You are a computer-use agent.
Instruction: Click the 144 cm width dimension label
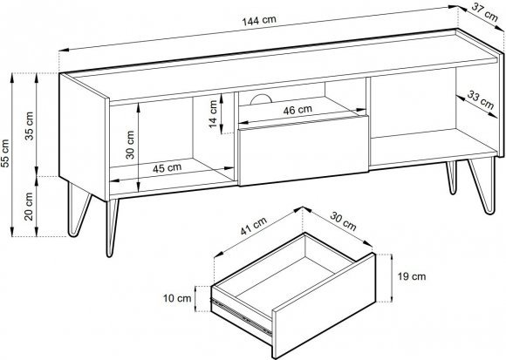[x=259, y=21]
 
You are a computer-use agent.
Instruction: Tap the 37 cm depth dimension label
[x=485, y=12]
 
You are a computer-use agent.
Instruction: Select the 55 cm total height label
[x=5, y=153]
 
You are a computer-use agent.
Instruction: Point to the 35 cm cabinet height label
[x=30, y=126]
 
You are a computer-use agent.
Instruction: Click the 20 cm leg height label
[x=29, y=207]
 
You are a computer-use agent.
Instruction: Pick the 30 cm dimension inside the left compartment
[x=130, y=145]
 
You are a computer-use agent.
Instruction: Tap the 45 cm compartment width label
[x=167, y=168]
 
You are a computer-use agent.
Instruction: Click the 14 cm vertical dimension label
[x=213, y=114]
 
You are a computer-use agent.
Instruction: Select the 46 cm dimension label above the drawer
[x=297, y=110]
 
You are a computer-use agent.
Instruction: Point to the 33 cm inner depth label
[x=481, y=100]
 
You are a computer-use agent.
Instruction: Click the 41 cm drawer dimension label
[x=254, y=226]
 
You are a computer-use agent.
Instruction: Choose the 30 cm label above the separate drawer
[x=343, y=221]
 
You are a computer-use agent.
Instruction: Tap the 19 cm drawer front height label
[x=412, y=276]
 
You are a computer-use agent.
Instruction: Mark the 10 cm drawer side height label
[x=177, y=298]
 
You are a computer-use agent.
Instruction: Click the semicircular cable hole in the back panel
[x=261, y=99]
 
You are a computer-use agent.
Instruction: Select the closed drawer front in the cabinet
[x=304, y=151]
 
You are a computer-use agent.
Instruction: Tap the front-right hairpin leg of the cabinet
[x=482, y=186]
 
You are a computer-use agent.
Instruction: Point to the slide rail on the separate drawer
[x=242, y=316]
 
